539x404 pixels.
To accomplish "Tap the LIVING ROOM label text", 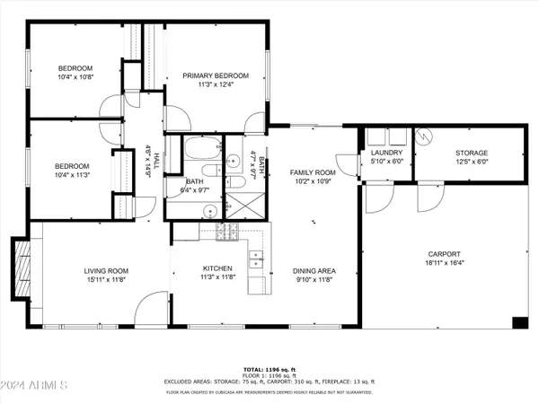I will click(107, 269).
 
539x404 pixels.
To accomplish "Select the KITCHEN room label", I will click(217, 268).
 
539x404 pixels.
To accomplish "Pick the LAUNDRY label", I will click(387, 154).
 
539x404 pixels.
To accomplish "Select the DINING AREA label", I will click(314, 269).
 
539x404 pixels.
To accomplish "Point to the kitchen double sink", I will click(255, 260).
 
